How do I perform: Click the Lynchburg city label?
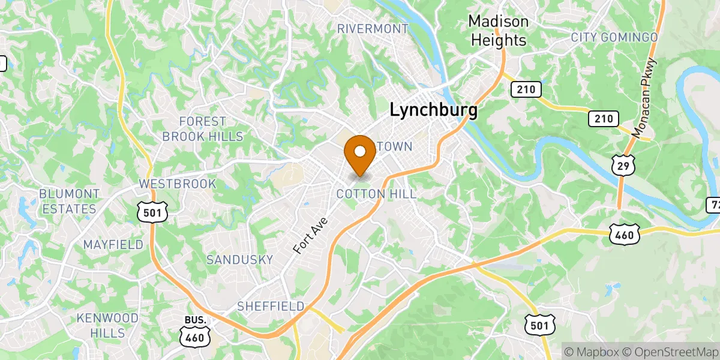click(434, 110)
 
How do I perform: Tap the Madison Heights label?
click(498, 31)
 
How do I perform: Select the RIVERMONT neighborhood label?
click(373, 29)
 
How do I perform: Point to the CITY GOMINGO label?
click(614, 37)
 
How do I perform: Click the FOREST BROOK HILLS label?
click(203, 129)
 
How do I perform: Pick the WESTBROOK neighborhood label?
click(177, 184)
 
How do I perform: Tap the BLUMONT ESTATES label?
click(69, 202)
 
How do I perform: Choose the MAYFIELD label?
click(113, 245)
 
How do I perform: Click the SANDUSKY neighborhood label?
click(239, 260)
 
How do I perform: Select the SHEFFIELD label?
click(271, 306)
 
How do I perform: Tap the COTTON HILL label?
click(376, 194)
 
